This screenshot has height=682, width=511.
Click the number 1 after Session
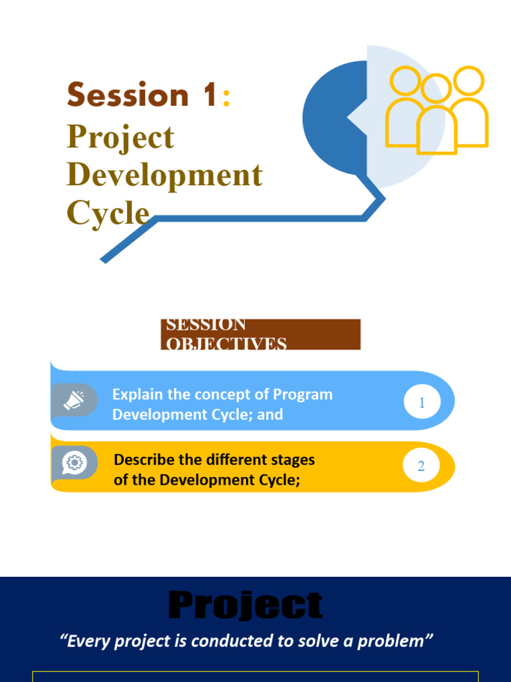point(210,95)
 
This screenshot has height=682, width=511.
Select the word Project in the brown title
point(120,138)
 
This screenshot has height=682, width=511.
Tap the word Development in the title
point(164,175)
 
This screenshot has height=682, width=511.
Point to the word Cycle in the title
point(108,212)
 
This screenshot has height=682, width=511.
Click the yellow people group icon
point(437,111)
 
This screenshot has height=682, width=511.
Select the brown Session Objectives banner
point(260,334)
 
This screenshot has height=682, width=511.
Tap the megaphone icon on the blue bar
point(75,400)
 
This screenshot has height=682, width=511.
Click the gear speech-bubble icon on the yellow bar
point(75,462)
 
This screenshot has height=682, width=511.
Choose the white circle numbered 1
point(422,403)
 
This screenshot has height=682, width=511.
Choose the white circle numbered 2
point(421,466)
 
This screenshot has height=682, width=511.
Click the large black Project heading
point(246,606)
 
